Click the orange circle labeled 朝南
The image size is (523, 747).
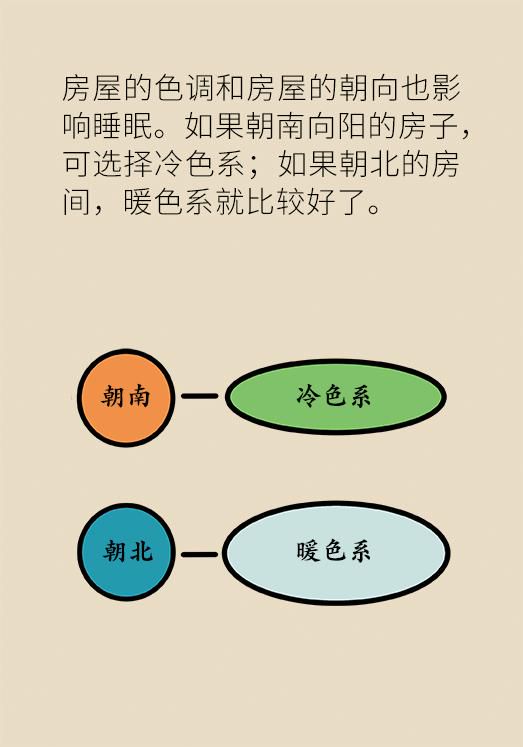[126, 398]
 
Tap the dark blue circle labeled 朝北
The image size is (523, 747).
[126, 552]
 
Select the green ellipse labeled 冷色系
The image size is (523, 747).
[336, 397]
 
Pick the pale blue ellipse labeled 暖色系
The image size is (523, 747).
[336, 553]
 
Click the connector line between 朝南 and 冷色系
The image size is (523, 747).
[200, 396]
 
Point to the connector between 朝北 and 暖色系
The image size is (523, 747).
[200, 555]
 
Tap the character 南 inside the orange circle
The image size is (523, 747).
[139, 396]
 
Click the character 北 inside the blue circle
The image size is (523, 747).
[141, 551]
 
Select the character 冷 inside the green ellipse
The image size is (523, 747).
[307, 396]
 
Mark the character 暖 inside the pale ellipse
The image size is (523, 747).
[308, 551]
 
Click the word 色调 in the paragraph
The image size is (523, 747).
[185, 89]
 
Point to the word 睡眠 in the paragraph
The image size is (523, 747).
[123, 126]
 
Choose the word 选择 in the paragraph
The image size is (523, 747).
[123, 163]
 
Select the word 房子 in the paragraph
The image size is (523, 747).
[428, 126]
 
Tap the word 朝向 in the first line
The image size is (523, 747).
[369, 89]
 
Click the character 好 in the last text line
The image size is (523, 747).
[323, 201]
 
